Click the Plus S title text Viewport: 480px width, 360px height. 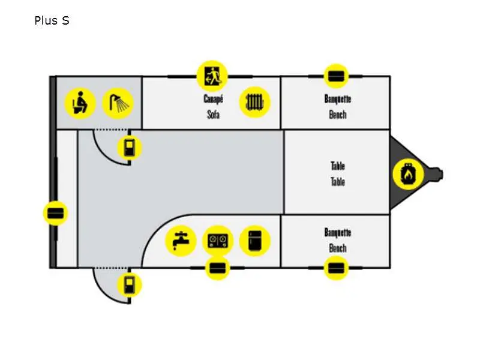[x=52, y=21]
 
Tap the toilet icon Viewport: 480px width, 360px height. [x=80, y=103]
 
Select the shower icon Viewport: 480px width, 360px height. [x=118, y=103]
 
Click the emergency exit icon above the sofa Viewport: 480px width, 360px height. [x=212, y=76]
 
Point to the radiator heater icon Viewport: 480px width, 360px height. [x=255, y=102]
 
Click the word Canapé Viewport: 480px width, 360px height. [x=213, y=99]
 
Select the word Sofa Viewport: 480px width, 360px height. [x=213, y=114]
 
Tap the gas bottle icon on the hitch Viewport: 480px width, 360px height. [x=408, y=175]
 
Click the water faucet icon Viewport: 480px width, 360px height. [x=181, y=241]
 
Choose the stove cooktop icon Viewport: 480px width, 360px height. [x=218, y=241]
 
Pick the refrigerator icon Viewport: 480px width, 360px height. [x=255, y=241]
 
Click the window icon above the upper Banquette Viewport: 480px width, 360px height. [x=335, y=76]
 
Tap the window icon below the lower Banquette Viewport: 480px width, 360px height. [x=336, y=268]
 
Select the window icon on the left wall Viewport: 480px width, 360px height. [x=56, y=213]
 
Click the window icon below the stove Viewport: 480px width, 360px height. [x=217, y=268]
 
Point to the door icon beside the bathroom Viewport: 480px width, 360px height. [x=129, y=148]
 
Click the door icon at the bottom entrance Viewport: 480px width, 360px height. [x=129, y=284]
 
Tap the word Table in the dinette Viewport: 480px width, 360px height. [x=338, y=166]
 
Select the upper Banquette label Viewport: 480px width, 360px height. [x=338, y=99]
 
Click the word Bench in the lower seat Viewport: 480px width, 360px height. [x=338, y=247]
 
